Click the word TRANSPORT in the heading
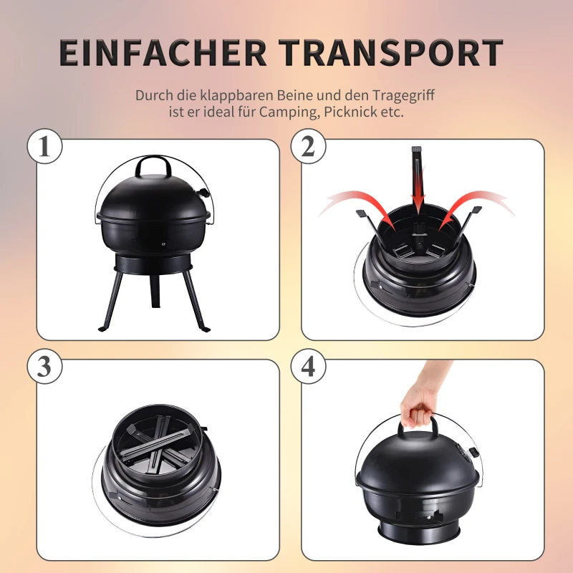click(390, 52)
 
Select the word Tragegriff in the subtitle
click(403, 96)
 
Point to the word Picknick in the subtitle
click(351, 112)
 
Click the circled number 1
click(44, 146)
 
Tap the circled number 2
click(308, 146)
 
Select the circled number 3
click(44, 366)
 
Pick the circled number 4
click(308, 366)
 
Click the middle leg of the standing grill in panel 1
click(155, 291)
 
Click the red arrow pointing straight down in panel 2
click(418, 183)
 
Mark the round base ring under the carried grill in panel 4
click(418, 533)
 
